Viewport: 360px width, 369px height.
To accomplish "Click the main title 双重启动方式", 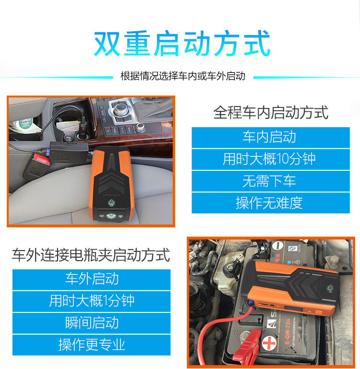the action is pos(182,43).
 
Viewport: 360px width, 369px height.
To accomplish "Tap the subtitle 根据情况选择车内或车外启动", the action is pos(183,76).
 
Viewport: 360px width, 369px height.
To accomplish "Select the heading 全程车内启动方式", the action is pos(271,112).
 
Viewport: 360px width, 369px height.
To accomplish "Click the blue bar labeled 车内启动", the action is pos(271,137).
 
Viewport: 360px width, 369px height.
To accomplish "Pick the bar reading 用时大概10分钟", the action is pos(271,159).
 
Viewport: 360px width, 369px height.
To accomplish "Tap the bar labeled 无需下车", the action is pos(271,181).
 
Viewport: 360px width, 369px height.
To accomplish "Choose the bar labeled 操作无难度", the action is pos(271,203).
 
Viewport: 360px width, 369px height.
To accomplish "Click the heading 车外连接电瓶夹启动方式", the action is pos(91,255).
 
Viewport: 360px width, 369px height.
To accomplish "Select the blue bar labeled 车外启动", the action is pos(91,280).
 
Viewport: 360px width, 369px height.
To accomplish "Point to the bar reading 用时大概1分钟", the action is pos(91,301).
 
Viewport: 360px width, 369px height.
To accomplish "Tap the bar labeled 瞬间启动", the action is pos(91,323).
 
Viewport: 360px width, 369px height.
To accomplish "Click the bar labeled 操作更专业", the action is pos(91,345).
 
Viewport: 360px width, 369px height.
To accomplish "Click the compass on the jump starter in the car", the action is pos(111,202).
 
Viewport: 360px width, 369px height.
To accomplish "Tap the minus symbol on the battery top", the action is pos(278,246).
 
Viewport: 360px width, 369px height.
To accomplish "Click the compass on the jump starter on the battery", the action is pos(330,288).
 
